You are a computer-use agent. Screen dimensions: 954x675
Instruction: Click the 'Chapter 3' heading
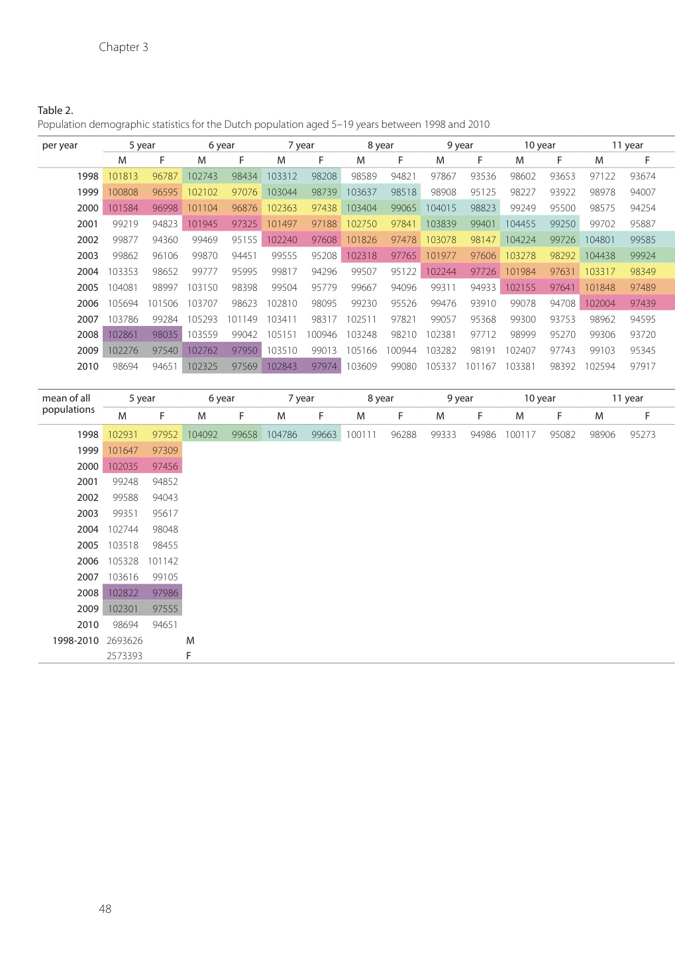[123, 47]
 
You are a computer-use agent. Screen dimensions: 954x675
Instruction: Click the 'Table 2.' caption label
[55, 110]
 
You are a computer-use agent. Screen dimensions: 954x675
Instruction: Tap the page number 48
[105, 909]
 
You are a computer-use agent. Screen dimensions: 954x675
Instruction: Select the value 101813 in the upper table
[123, 176]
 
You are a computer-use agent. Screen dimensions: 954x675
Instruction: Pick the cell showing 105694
[123, 303]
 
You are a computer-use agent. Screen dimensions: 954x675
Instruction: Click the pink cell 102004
[599, 303]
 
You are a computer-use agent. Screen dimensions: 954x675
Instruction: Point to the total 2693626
[125, 641]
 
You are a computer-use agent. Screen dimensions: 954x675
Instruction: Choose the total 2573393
[125, 656]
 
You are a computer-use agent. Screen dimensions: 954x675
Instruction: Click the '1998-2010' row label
[76, 641]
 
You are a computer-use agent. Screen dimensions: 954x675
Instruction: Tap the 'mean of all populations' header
[68, 403]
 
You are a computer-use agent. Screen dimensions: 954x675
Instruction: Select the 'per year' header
[60, 145]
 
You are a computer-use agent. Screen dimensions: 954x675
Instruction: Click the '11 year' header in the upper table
[627, 145]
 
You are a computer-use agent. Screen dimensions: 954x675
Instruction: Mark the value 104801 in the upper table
[599, 240]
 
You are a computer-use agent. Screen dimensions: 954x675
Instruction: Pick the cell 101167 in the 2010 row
[480, 366]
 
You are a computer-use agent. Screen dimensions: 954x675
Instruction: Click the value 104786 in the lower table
[282, 435]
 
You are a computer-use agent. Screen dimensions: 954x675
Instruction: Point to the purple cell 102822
[123, 593]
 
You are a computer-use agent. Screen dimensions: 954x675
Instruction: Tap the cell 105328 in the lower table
[123, 561]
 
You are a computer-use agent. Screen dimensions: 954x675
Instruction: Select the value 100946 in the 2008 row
[321, 335]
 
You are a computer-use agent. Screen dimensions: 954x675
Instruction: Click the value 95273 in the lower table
[643, 435]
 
